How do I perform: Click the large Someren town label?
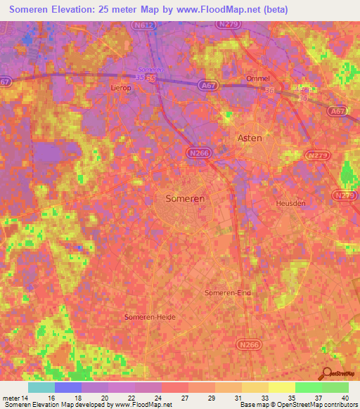tap(185, 199)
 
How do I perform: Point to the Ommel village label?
tap(257, 79)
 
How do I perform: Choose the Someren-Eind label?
tap(227, 292)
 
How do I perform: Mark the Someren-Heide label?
tap(149, 317)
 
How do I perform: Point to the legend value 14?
tap(26, 398)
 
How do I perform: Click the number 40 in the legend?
tap(343, 398)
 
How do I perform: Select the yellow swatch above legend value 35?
tap(281, 387)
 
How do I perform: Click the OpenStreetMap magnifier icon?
tap(326, 374)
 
